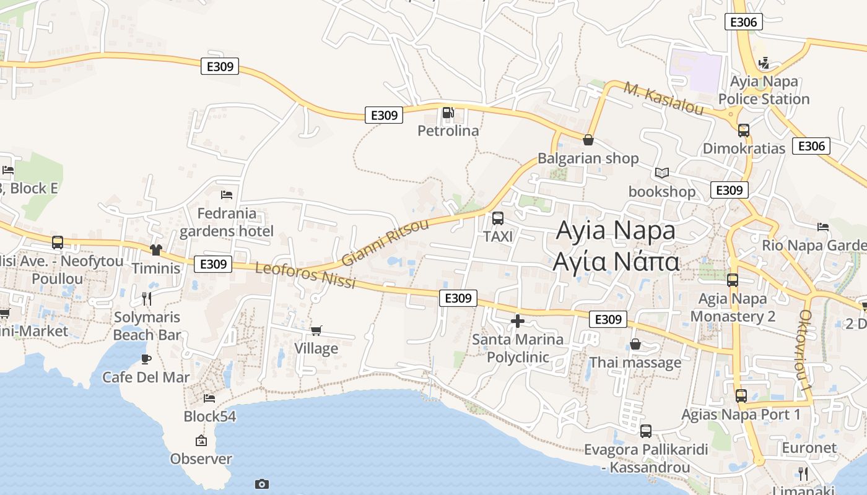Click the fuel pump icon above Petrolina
[x=448, y=113]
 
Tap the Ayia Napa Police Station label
[x=764, y=90]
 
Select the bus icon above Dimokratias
[x=744, y=131]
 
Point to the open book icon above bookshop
[x=662, y=173]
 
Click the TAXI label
[x=498, y=236]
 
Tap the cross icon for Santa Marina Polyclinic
[x=518, y=321]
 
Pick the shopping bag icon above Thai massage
[x=635, y=344]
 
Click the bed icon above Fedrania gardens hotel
[x=227, y=195]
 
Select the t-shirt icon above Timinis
[x=155, y=249]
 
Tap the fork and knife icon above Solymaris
[x=147, y=299]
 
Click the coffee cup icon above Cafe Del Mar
[x=146, y=359]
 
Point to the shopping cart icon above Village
[x=316, y=330]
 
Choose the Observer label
[x=201, y=459]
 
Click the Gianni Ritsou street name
[x=385, y=242]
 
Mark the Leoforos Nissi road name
[x=305, y=275]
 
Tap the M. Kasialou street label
[x=664, y=98]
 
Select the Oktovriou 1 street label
[x=805, y=350]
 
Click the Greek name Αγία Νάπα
[x=616, y=262]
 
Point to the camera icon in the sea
[x=262, y=484]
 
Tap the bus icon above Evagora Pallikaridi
[x=646, y=431]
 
